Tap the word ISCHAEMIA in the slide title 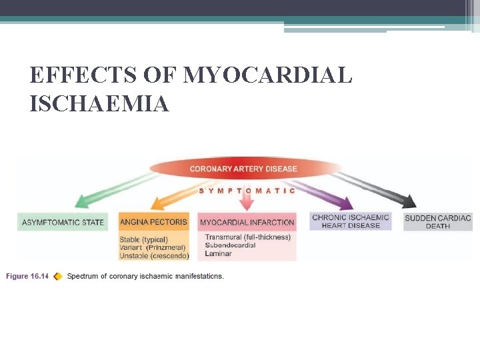point(99,103)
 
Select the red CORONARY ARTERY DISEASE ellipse point(243,169)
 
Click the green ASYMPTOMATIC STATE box point(63,222)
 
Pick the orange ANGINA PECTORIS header point(153,222)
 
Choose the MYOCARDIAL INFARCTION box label point(247,222)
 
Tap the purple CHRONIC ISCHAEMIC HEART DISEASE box point(351,221)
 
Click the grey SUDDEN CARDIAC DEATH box point(437,221)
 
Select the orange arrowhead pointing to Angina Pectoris point(160,202)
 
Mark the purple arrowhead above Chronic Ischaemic point(345,202)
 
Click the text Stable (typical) point(144,239)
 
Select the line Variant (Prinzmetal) point(153,247)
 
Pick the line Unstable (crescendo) point(154,256)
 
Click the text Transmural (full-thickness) point(247,237)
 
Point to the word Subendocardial point(231,245)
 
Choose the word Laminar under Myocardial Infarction point(218,253)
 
